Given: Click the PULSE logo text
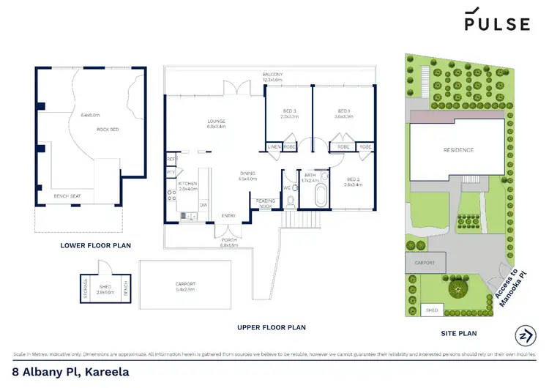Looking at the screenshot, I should click(496, 23).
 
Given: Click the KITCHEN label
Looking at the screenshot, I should click(188, 183).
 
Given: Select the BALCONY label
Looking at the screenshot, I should click(273, 74).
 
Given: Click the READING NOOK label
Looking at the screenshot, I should click(263, 204).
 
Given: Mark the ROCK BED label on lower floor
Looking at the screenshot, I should click(108, 130).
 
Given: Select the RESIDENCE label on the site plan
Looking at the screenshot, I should click(458, 150).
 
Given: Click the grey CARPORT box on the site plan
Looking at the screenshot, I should click(425, 262).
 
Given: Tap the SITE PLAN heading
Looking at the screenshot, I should click(457, 333).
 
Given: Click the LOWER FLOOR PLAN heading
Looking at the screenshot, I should click(95, 245).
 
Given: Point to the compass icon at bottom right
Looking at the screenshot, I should click(524, 336).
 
